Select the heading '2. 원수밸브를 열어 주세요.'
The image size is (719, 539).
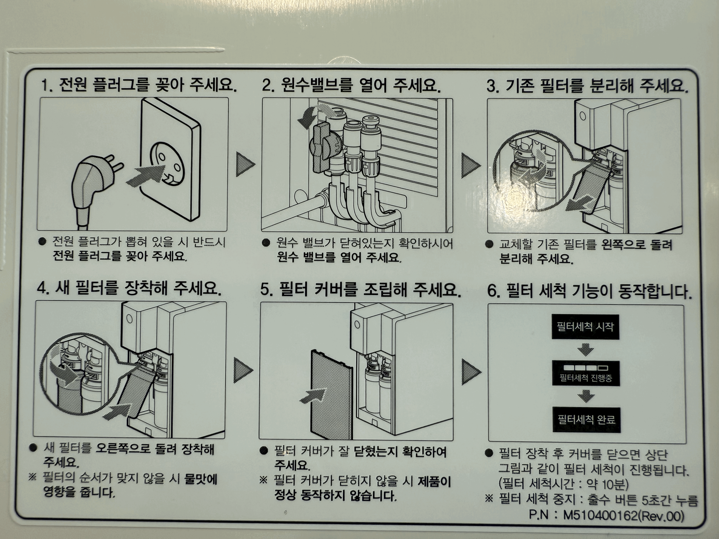(x=351, y=86)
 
